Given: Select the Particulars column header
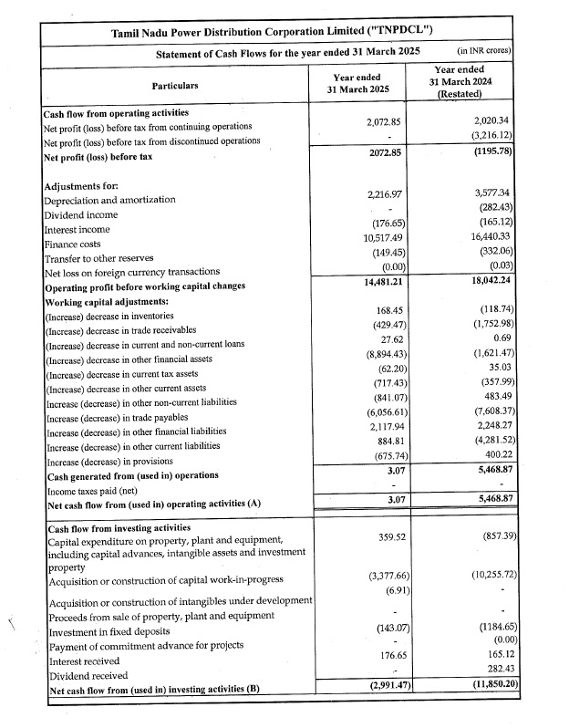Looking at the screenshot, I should coord(174,85).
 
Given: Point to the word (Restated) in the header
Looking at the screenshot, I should coord(471,95).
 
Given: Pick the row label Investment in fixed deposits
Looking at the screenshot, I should coord(112,631).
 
